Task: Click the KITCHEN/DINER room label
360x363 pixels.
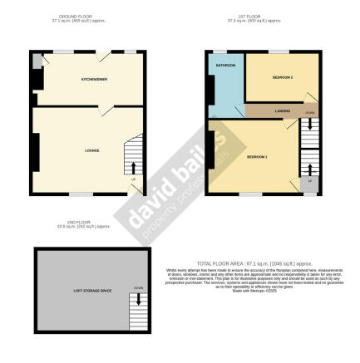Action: pyautogui.click(x=92, y=79)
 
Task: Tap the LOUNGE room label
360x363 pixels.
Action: pyautogui.click(x=92, y=150)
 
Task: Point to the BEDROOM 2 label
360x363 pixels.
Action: pyautogui.click(x=283, y=77)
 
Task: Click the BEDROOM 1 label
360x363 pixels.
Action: pyautogui.click(x=256, y=155)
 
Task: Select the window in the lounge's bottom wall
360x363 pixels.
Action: pyautogui.click(x=81, y=194)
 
